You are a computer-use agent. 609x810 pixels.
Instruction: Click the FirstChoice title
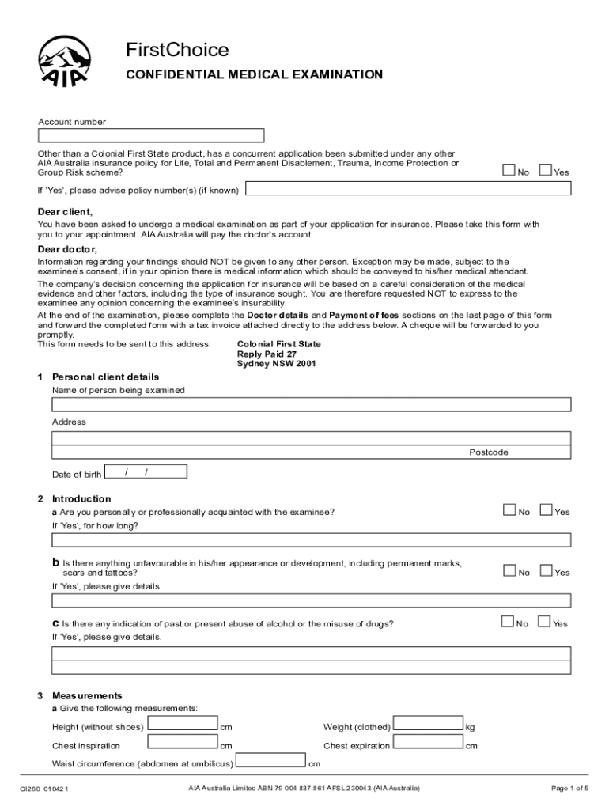177,51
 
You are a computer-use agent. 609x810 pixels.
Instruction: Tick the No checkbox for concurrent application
509,170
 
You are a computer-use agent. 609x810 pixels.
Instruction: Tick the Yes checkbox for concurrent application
546,170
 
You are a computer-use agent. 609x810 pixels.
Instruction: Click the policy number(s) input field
407,190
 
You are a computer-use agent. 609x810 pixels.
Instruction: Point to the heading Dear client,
66,212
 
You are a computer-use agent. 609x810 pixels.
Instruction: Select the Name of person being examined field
312,405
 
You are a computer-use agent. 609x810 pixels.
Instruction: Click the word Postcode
489,452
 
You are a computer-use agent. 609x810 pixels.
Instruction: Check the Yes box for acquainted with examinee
546,510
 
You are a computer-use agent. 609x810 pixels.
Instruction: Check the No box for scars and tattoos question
509,570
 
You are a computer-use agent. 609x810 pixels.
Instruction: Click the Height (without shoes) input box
183,725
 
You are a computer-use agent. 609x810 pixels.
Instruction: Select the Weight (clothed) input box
428,725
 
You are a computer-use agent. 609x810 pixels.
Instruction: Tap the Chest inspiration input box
183,744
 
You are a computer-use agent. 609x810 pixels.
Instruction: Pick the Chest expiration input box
428,744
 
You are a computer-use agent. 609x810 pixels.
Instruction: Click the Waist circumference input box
271,762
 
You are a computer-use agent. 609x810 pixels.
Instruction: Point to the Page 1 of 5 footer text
569,788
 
